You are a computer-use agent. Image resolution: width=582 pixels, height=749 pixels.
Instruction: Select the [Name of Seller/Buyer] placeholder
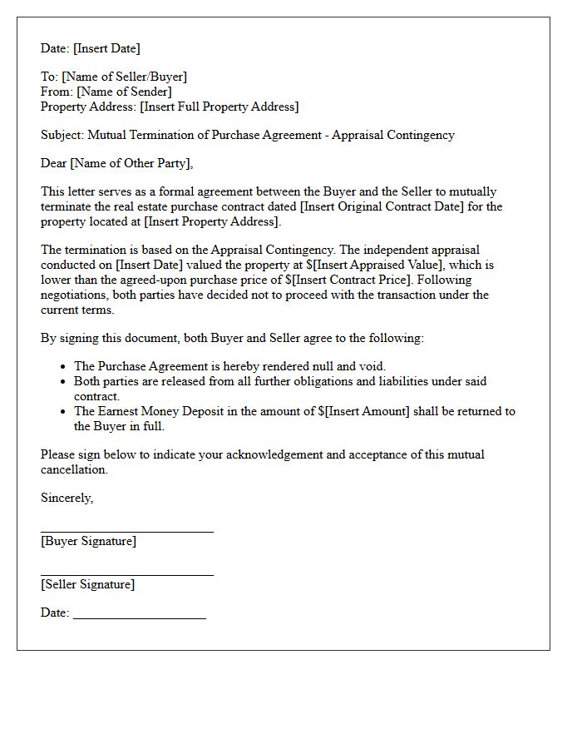point(125,77)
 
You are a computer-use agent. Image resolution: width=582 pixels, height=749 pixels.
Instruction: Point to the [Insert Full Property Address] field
point(219,107)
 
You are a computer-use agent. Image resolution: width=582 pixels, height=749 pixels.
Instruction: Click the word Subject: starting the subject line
point(62,135)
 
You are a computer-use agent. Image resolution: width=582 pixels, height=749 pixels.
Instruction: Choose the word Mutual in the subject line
point(108,135)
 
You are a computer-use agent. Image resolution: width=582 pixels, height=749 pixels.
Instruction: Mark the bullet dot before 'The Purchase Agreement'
point(64,366)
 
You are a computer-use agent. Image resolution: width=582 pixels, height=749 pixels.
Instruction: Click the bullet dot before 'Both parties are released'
point(64,381)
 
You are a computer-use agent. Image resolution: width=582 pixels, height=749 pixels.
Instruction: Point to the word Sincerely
point(67,498)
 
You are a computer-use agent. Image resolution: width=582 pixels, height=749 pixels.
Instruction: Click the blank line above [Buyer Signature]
point(126,530)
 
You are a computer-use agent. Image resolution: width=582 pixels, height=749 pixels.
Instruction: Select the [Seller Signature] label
point(87,584)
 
